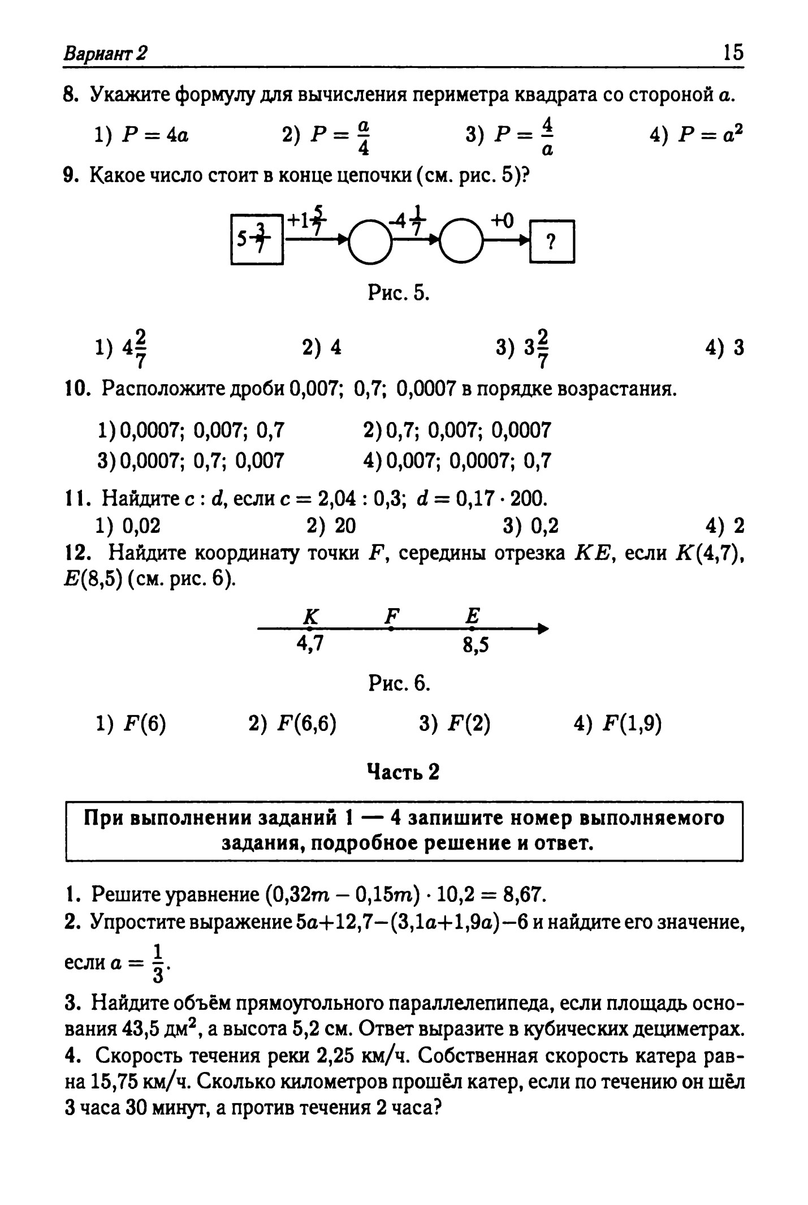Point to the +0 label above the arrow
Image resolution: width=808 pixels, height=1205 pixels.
[502, 220]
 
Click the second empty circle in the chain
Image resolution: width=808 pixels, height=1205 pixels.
[462, 242]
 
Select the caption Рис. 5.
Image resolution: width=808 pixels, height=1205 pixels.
[399, 292]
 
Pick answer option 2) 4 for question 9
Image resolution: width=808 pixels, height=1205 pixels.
[322, 347]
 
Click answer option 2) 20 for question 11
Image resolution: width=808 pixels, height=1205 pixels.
[331, 526]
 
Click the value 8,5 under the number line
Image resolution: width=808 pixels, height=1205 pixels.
[476, 645]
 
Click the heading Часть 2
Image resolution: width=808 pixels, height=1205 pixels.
[403, 772]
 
